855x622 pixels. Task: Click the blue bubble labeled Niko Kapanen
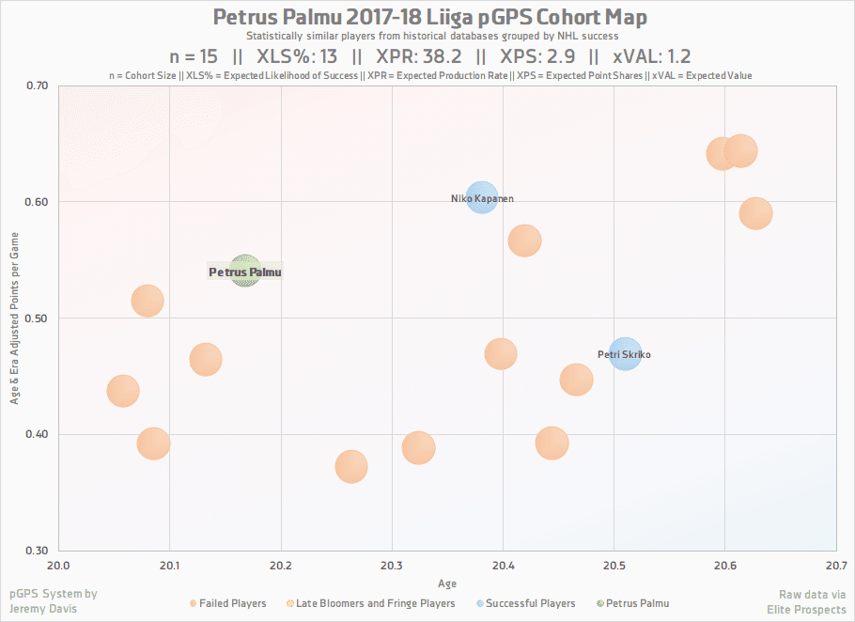point(481,198)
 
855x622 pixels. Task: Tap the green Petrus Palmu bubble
point(244,272)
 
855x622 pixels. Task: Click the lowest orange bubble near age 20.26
point(350,466)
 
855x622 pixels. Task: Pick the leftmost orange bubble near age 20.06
point(123,391)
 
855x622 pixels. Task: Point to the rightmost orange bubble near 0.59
point(755,213)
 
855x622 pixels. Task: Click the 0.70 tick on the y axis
point(37,86)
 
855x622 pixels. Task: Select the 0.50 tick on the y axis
point(37,319)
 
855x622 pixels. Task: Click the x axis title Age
point(447,583)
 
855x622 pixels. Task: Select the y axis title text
point(15,318)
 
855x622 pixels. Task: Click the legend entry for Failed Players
point(233,603)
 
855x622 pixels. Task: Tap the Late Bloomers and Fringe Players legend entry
point(375,603)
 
